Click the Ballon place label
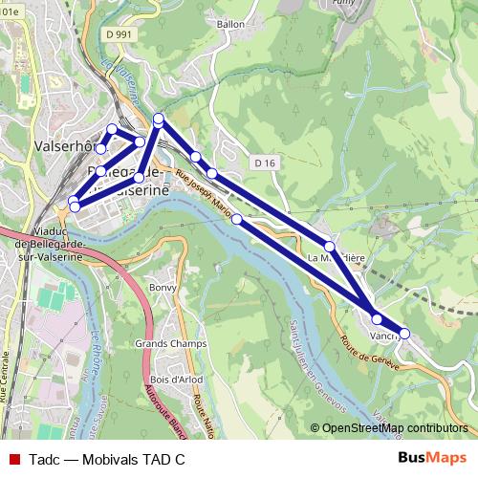click(231, 24)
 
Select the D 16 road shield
click(266, 163)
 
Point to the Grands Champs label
click(163, 342)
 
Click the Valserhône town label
click(63, 147)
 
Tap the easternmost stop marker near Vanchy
click(404, 334)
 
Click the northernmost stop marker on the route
click(159, 119)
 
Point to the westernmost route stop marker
click(73, 202)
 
